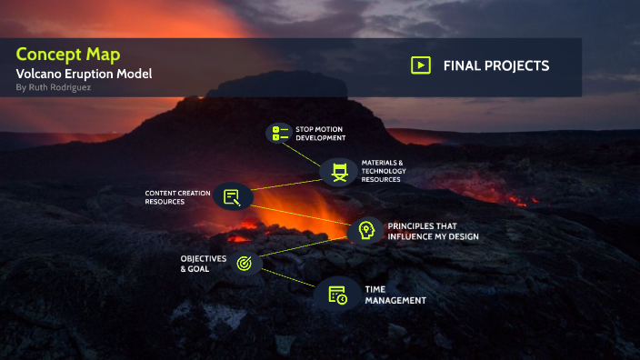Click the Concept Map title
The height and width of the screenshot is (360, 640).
click(x=68, y=54)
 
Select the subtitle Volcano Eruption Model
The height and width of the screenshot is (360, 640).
click(x=84, y=73)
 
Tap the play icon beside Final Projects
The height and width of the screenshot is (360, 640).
click(x=420, y=65)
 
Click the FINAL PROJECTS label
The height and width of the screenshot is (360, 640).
click(x=495, y=65)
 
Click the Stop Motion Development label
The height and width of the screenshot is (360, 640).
click(x=320, y=134)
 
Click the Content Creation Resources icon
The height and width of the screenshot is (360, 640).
click(x=232, y=196)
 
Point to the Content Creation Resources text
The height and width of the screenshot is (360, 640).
click(x=177, y=197)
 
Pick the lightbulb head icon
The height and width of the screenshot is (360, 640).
click(x=365, y=230)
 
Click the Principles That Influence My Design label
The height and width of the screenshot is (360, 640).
click(x=433, y=231)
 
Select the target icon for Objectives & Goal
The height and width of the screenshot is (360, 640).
click(x=244, y=263)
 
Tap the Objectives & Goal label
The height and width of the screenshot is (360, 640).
click(x=203, y=264)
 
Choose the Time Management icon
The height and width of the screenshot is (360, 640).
click(x=337, y=295)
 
